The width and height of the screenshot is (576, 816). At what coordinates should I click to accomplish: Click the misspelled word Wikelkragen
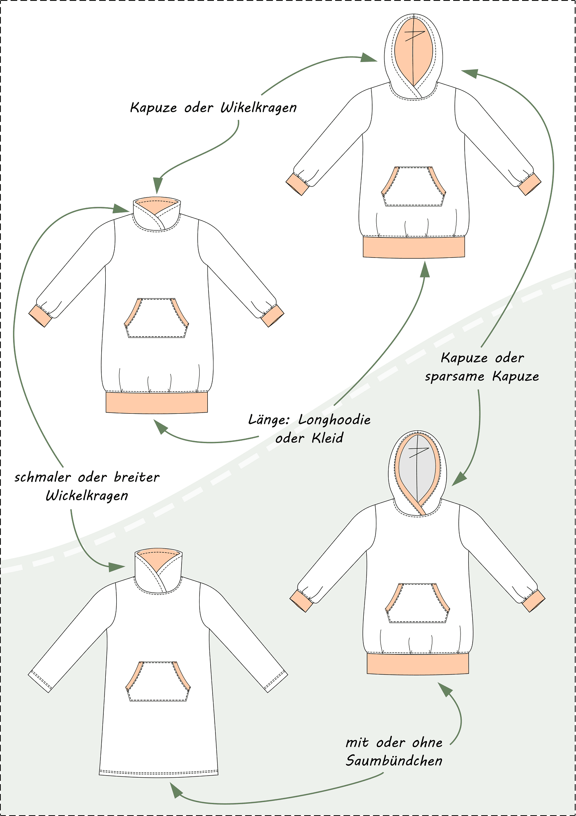[x=258, y=108]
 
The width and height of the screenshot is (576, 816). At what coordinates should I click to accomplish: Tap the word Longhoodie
[x=334, y=420]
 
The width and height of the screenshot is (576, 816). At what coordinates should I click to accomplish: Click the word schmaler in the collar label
[x=43, y=477]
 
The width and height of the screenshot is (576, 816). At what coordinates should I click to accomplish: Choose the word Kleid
[x=327, y=438]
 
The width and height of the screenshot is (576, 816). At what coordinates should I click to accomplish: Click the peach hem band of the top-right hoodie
[x=414, y=247]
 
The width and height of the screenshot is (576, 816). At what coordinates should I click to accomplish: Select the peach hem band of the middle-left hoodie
[x=157, y=402]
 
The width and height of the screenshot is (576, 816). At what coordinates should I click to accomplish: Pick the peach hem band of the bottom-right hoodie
[x=418, y=663]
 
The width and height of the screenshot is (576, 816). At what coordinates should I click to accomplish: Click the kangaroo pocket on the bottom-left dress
[x=158, y=681]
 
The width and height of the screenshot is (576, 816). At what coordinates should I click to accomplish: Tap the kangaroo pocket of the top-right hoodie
[x=414, y=186]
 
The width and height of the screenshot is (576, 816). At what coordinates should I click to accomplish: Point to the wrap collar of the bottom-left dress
[x=158, y=571]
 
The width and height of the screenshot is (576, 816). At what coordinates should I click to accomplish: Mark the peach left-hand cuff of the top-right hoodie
[x=297, y=184]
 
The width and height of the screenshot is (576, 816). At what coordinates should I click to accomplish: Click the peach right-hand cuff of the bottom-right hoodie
[x=534, y=601]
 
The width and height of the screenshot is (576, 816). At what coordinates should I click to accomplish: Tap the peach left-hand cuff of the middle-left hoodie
[x=40, y=316]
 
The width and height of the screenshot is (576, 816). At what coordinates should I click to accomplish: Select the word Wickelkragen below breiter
[x=87, y=496]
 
